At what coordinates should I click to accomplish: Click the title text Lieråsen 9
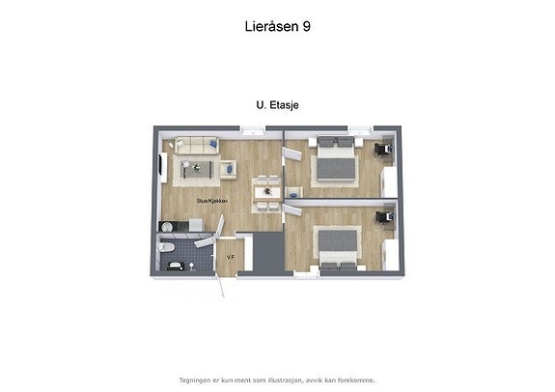point(277,27)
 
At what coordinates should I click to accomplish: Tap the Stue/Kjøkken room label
point(211,201)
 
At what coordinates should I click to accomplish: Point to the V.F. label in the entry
point(231,257)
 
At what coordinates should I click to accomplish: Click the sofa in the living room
point(196,146)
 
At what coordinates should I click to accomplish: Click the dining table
point(266,191)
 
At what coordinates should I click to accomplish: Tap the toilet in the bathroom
point(169,249)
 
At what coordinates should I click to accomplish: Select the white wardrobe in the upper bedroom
point(389,179)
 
